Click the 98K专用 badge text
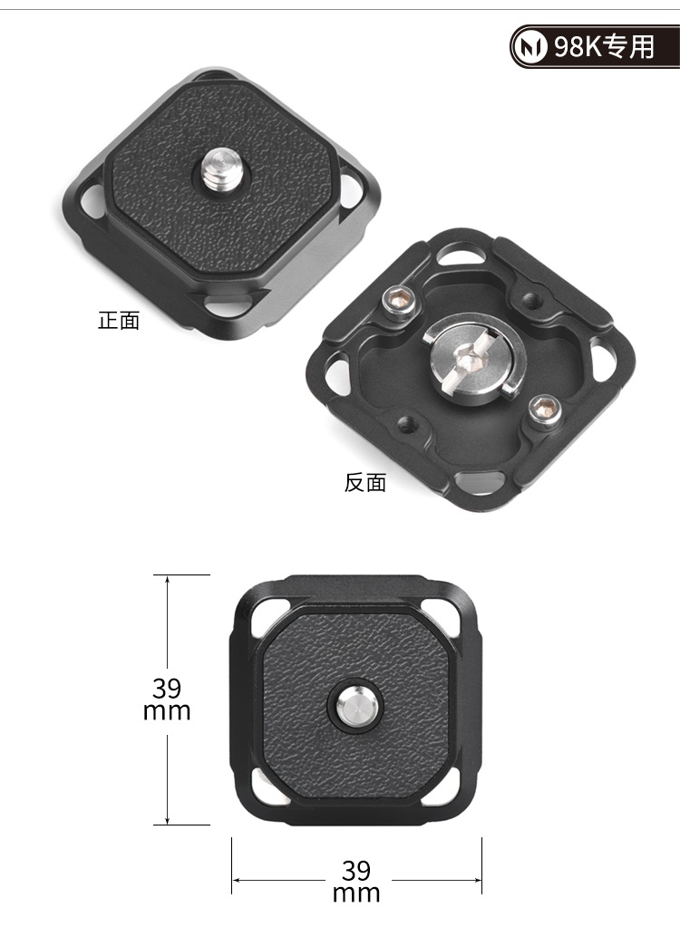coord(604,46)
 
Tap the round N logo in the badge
coord(529,47)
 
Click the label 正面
coord(119,321)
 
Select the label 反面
coord(365,483)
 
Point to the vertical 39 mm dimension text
coord(167,700)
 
